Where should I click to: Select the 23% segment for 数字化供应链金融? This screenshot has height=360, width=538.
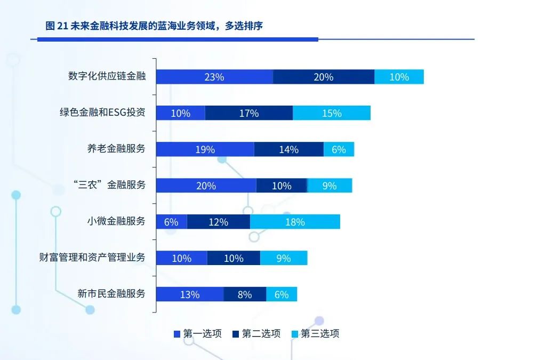214,77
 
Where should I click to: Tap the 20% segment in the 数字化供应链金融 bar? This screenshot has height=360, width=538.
323,77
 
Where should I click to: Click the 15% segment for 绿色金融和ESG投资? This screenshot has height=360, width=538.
331,113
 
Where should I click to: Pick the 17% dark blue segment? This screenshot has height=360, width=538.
248,113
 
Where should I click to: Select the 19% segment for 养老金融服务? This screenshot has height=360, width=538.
205,149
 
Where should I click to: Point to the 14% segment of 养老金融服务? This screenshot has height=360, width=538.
288,149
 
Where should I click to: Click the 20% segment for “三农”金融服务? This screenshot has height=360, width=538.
206,186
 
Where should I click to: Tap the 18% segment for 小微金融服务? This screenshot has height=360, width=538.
295,222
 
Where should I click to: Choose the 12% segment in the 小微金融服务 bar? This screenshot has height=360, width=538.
218,222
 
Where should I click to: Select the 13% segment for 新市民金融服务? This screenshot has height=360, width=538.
189,294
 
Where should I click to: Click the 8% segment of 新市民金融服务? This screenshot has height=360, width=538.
244,294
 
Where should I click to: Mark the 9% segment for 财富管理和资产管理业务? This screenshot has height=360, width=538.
283,258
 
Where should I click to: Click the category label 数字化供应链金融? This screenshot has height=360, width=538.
107,76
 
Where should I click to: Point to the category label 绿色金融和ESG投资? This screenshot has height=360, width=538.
102,113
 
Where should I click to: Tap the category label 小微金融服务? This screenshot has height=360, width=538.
116,221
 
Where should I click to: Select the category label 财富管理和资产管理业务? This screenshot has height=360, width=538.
92,257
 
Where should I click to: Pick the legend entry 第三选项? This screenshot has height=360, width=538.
315,334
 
